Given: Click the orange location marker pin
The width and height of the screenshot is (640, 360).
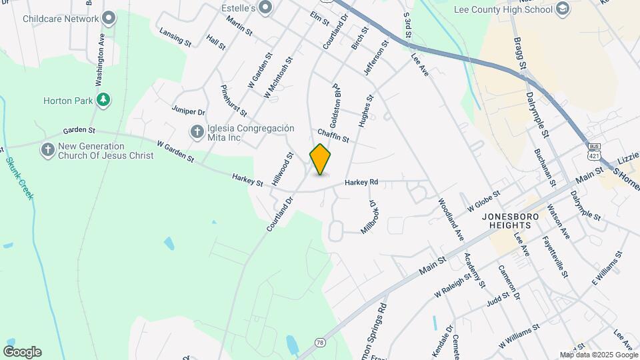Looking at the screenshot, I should point(321,159).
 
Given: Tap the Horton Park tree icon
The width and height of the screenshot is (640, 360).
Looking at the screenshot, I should point(103,101).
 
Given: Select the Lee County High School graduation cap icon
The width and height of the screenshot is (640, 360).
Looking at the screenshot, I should point(563,9).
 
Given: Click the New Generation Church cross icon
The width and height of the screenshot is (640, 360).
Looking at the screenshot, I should point(47,150).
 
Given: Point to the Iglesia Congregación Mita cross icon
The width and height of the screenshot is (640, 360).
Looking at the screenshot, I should point(197,131).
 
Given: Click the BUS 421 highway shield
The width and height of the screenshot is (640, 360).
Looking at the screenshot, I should point(593,151).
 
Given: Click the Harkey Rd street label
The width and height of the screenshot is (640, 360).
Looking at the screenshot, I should point(361,182).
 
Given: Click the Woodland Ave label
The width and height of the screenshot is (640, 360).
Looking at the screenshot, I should point(451,219).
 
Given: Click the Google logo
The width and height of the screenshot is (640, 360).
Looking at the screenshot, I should point(22,352).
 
